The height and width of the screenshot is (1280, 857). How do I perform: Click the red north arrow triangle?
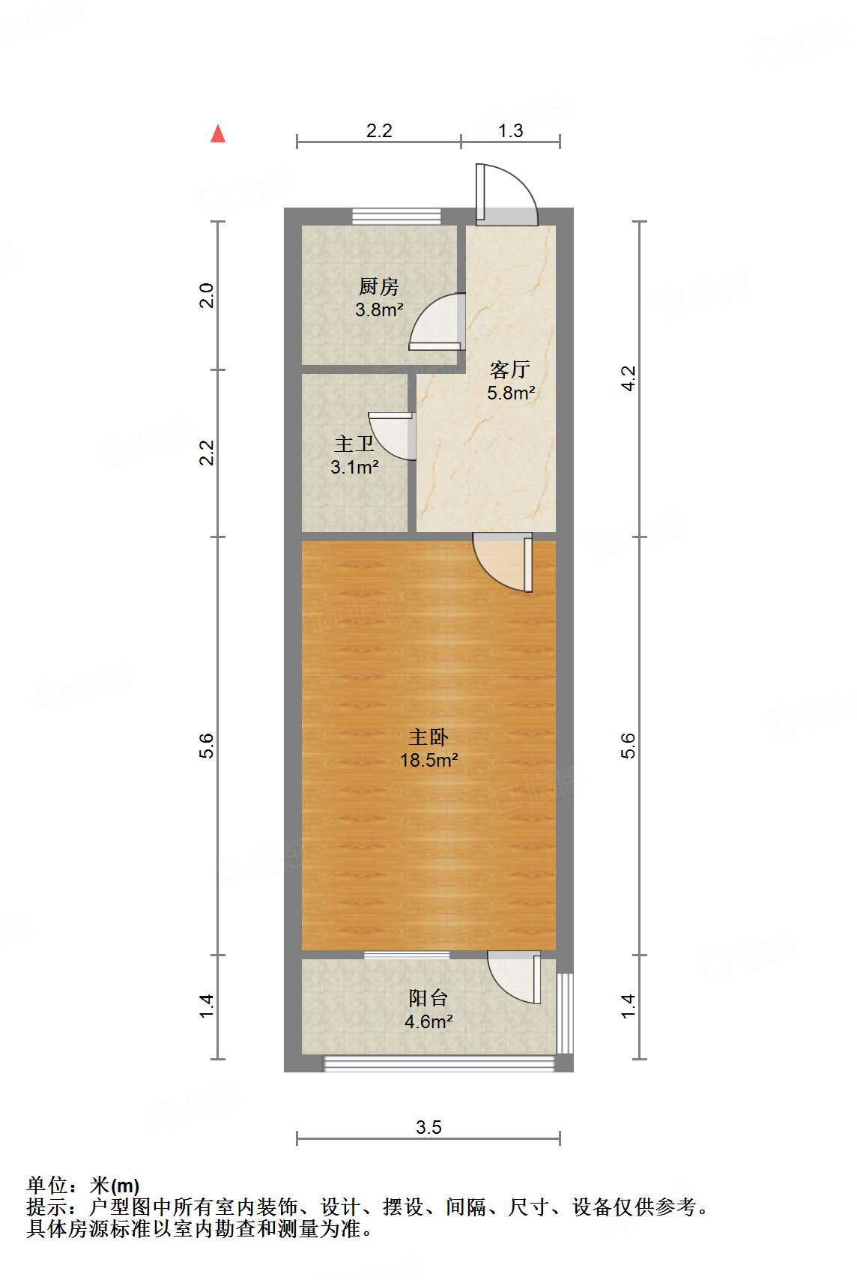[x=218, y=134]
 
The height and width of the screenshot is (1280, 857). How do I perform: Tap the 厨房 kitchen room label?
[x=378, y=286]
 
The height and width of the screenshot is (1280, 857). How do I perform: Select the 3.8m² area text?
[x=379, y=310]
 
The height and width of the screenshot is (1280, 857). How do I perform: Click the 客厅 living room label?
[x=510, y=369]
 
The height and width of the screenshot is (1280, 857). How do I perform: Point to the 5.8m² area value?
[x=511, y=393]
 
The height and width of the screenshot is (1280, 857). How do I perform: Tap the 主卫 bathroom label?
[x=354, y=444]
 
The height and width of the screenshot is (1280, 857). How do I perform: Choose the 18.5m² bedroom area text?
[x=428, y=761]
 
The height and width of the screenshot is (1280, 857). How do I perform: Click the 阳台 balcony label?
[x=428, y=998]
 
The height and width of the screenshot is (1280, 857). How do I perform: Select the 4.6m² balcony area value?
[x=428, y=1021]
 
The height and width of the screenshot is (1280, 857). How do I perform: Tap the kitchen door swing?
[x=436, y=322]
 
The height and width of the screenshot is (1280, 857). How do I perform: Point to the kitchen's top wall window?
[x=396, y=217]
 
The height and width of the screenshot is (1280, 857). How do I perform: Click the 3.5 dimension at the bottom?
[x=428, y=1127]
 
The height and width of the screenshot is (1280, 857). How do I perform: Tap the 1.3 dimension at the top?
[x=510, y=131]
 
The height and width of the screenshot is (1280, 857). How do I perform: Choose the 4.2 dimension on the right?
[x=629, y=378]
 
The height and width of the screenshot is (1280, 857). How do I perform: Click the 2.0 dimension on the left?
[x=207, y=295]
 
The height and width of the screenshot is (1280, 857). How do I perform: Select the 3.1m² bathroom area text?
[x=354, y=468]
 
